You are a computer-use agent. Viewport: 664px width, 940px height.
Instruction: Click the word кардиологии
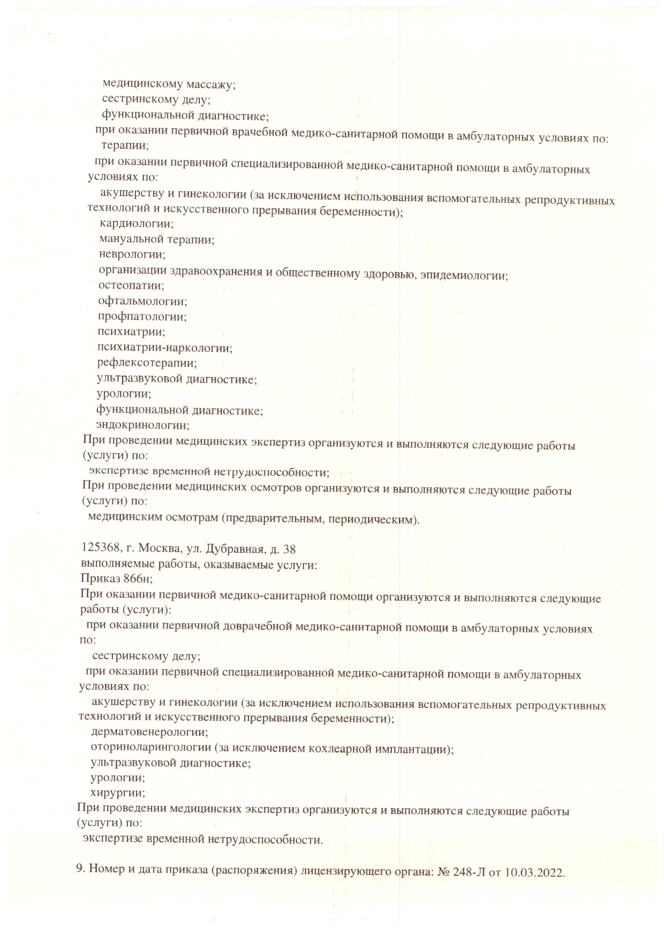tap(137, 224)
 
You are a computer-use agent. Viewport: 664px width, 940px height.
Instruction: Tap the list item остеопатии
tap(131, 285)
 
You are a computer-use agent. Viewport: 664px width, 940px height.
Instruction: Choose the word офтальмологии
tap(142, 301)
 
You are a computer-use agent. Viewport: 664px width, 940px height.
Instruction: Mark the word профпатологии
tap(142, 317)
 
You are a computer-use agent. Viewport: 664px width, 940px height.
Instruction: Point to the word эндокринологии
tap(142, 426)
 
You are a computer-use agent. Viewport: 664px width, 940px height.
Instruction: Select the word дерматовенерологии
tap(149, 732)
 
